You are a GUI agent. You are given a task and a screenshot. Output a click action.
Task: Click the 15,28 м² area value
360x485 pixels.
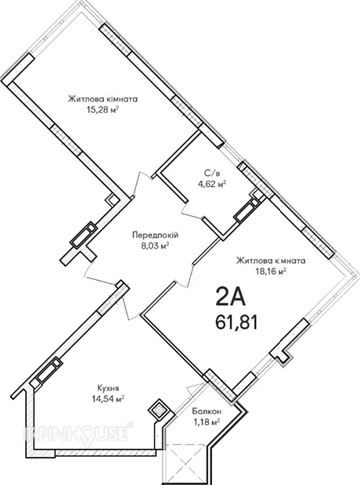click(x=103, y=110)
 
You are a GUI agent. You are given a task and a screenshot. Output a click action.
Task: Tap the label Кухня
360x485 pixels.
click(x=108, y=388)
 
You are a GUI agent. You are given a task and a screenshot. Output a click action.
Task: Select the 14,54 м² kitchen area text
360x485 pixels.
click(x=108, y=399)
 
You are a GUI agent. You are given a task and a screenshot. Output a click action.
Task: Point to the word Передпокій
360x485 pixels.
click(x=156, y=235)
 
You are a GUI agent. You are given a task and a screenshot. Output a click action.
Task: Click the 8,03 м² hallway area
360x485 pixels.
click(x=156, y=246)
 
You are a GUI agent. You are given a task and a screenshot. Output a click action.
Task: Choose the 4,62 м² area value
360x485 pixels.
click(x=212, y=184)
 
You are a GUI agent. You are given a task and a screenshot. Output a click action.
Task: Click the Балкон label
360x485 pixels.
click(x=207, y=411)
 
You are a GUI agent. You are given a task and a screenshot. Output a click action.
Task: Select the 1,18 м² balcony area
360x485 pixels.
click(x=207, y=422)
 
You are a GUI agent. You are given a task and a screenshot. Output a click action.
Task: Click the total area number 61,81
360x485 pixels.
click(x=237, y=323)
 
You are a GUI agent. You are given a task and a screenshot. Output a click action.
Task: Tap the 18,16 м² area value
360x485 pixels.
click(x=271, y=271)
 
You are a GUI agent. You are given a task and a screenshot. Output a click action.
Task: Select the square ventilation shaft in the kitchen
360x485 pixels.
click(x=159, y=411)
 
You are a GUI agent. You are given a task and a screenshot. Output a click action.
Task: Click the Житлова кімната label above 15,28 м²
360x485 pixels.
click(x=103, y=99)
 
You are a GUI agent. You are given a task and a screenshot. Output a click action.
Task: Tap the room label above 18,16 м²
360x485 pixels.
click(x=271, y=260)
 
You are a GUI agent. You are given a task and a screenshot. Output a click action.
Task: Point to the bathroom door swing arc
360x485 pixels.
click(x=190, y=213)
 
